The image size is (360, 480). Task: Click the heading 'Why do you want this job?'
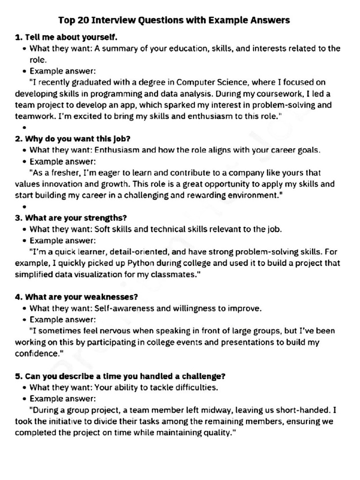click(x=77, y=139)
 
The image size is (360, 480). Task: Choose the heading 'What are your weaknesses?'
click(x=81, y=297)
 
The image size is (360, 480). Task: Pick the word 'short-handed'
click(x=304, y=410)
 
